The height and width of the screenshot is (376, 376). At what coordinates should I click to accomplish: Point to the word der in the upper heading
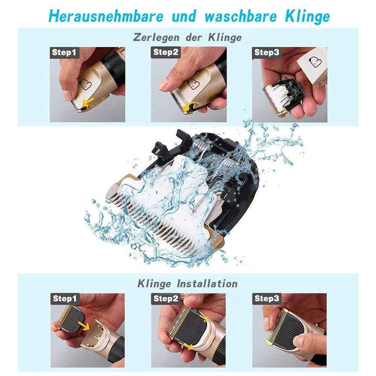[192, 37]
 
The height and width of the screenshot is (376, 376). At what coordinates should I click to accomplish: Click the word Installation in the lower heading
[206, 284]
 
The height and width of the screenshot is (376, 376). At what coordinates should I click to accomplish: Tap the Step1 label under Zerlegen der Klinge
[63, 52]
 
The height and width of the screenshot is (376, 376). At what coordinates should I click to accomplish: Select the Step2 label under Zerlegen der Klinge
[166, 52]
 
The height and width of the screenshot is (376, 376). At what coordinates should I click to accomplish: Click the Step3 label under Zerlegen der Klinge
[267, 52]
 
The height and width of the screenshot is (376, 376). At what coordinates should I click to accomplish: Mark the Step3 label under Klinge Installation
[267, 298]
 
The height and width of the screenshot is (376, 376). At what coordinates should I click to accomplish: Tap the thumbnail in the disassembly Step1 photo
[67, 94]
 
